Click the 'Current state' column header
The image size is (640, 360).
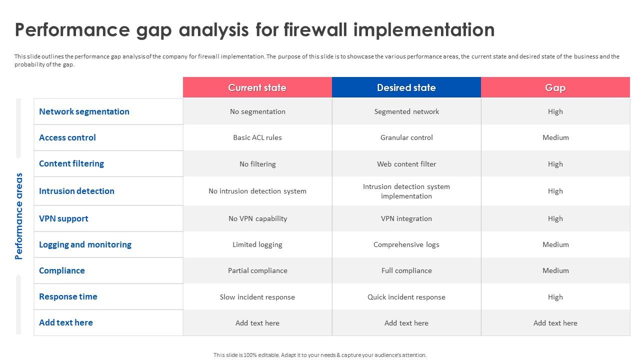pos(257,87)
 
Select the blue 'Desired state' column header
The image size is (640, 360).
pos(406,87)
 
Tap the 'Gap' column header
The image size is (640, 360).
pos(555,87)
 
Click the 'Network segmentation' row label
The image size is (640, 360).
pos(84,111)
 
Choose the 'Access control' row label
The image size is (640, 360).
pos(67,137)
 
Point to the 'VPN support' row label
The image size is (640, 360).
pos(63,218)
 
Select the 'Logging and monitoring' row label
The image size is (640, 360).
pos(85,244)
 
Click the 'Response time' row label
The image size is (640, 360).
pos(68,296)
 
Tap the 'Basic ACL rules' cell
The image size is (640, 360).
pos(257,137)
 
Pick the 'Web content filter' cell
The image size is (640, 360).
pos(406,164)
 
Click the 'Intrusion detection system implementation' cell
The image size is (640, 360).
pos(406,191)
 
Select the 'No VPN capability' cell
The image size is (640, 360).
pos(257,218)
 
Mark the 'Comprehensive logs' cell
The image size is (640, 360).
pos(406,244)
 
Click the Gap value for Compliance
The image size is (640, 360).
pos(555,270)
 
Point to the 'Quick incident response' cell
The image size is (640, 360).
pos(406,297)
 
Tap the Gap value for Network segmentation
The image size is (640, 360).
pos(555,111)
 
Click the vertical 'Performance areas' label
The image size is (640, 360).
pos(19,216)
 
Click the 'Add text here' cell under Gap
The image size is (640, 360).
pos(555,323)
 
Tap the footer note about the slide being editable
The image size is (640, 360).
pos(320,355)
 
